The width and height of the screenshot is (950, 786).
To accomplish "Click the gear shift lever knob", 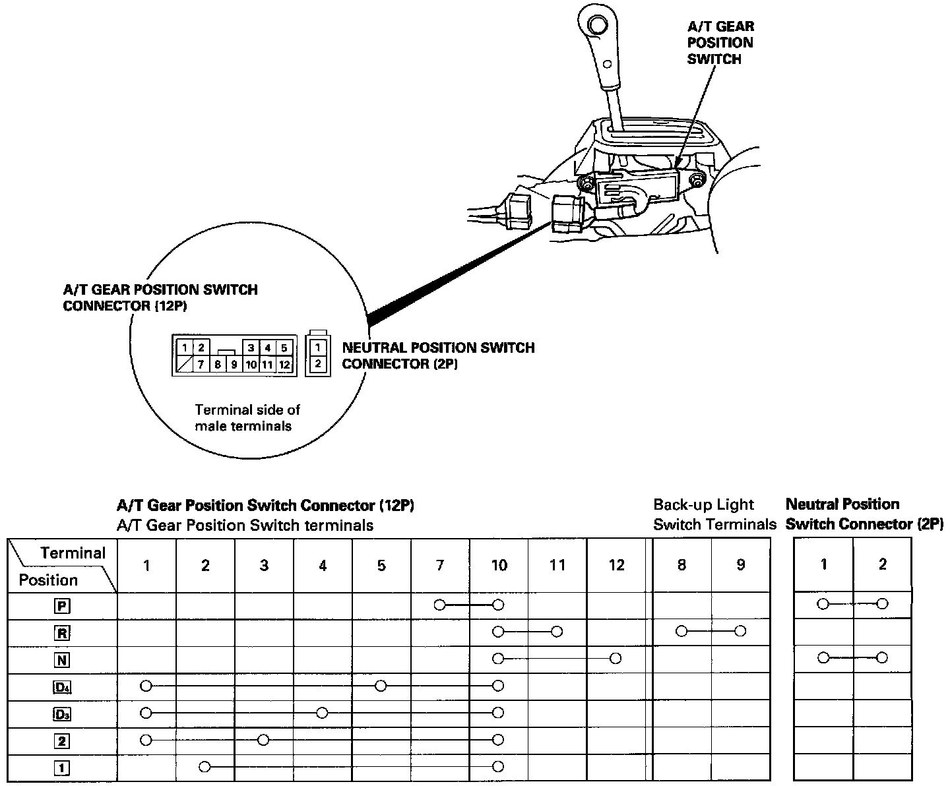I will click(596, 25).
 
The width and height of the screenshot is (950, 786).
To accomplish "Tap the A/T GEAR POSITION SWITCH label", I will click(720, 43).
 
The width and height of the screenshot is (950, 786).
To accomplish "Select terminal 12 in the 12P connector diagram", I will click(284, 364).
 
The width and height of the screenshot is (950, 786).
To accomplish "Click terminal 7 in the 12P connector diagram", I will click(202, 364).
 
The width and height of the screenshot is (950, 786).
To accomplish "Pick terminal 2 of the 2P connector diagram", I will click(318, 363).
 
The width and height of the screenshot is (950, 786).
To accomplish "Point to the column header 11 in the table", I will click(557, 565).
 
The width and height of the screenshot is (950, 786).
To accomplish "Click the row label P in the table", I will click(62, 606).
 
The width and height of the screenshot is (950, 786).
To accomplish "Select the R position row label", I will click(62, 633).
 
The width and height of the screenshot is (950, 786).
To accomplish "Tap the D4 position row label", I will click(62, 688).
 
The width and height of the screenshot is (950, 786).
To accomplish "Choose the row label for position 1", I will click(62, 768).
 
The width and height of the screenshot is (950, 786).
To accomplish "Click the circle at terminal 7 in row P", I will click(440, 605).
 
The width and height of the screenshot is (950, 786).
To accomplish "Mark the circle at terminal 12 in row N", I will click(616, 658).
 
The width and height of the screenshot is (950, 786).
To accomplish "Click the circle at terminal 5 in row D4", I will click(381, 686).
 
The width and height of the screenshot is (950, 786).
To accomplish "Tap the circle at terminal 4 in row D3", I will click(322, 713).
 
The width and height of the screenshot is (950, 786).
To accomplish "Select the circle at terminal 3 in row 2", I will click(263, 740).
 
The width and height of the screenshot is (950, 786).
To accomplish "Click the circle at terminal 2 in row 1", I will click(205, 767).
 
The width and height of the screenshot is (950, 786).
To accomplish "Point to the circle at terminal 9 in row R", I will click(740, 631).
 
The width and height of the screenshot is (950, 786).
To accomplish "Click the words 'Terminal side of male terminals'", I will click(247, 418).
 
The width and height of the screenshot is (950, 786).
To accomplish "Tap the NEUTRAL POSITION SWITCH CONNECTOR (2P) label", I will click(438, 355).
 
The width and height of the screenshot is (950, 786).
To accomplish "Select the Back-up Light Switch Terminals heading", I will click(714, 514).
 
